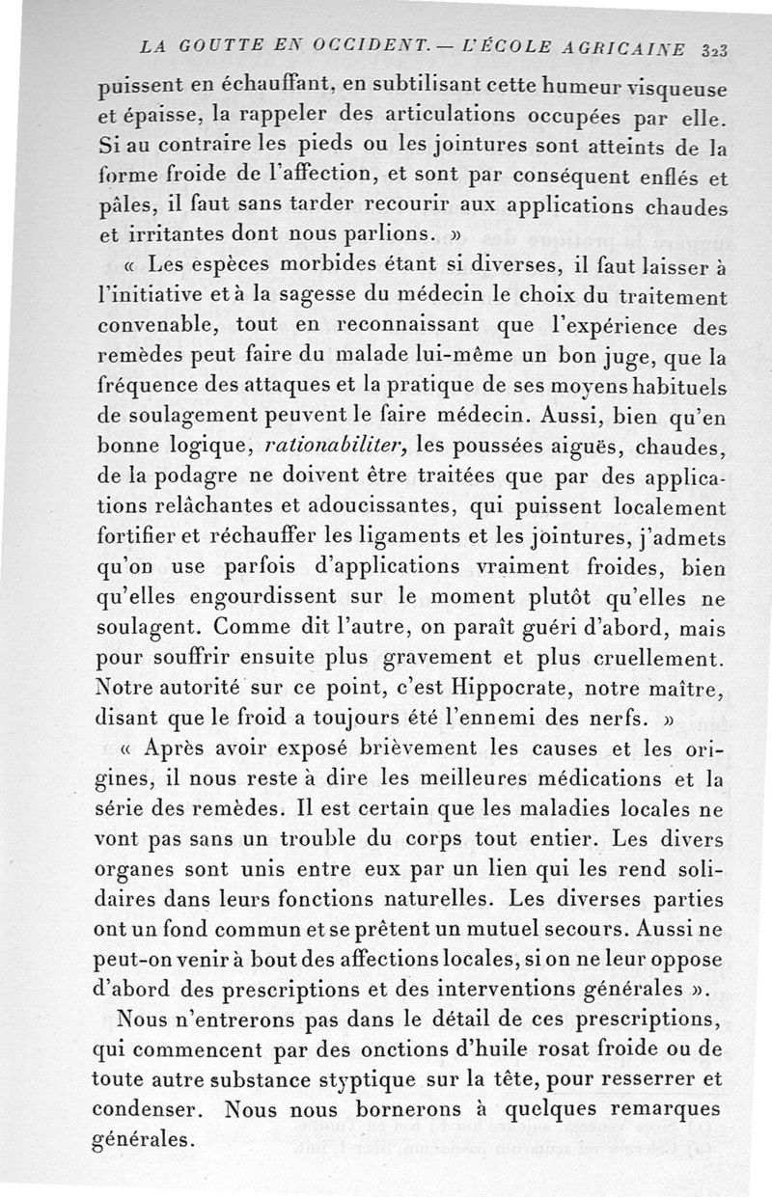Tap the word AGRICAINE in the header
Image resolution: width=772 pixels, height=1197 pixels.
[x=625, y=46]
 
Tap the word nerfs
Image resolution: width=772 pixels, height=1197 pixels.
[x=619, y=721]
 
